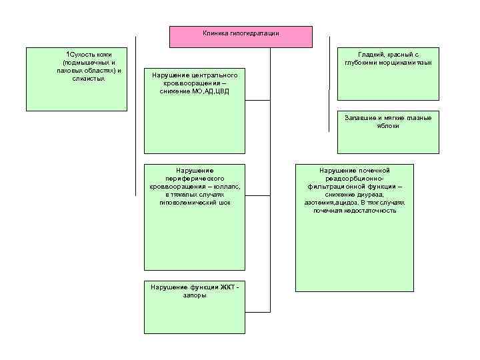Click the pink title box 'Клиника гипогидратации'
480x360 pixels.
click(x=241, y=37)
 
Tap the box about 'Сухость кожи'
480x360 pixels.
click(x=76, y=79)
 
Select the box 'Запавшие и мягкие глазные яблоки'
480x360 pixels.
click(x=388, y=132)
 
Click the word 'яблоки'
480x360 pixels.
click(x=388, y=126)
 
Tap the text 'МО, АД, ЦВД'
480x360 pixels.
click(x=210, y=91)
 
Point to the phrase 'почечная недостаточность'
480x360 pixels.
click(x=355, y=211)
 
